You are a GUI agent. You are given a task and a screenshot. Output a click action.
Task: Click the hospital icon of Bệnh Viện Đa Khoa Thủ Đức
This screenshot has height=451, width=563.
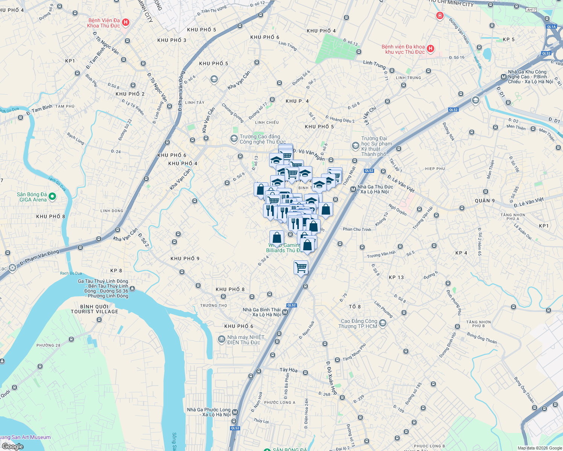(126, 23)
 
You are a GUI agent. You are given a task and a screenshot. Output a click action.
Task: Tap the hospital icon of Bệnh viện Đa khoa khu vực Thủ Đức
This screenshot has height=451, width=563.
(431, 49)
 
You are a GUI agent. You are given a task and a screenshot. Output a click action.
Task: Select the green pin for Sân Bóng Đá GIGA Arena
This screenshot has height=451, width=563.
(53, 196)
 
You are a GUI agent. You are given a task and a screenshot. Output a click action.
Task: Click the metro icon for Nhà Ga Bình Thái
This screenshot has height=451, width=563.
(285, 312)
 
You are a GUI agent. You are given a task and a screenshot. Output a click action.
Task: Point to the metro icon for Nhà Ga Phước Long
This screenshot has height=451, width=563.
(235, 412)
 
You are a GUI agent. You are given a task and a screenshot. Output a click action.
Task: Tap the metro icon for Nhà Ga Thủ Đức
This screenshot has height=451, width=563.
(353, 189)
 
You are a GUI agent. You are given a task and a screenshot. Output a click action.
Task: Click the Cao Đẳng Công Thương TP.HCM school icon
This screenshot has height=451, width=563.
(383, 323)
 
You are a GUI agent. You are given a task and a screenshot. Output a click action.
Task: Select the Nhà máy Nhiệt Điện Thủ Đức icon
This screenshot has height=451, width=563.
(222, 339)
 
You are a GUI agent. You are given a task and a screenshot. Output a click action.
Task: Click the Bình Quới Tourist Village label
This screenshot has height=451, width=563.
(94, 309)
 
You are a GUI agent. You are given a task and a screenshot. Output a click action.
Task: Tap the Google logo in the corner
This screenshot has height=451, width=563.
(12, 446)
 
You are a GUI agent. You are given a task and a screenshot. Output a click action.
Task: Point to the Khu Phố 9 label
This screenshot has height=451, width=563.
(185, 259)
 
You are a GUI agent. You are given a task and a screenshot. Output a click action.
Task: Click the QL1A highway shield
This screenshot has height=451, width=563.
(551, 27)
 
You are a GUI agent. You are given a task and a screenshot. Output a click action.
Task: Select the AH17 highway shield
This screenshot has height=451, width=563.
(531, 10)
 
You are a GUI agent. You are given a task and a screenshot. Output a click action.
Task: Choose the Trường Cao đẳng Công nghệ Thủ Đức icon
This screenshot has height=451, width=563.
(234, 139)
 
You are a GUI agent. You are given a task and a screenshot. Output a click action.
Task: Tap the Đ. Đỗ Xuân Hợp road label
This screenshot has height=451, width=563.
(332, 378)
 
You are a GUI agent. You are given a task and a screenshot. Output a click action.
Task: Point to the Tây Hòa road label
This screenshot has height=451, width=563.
(289, 370)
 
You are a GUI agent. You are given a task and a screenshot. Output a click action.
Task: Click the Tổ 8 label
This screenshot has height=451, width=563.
(355, 307)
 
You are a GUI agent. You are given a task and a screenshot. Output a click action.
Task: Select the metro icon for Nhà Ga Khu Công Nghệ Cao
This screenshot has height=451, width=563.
(504, 77)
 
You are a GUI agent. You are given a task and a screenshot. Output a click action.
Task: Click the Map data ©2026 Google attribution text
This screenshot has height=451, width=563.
(540, 448)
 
